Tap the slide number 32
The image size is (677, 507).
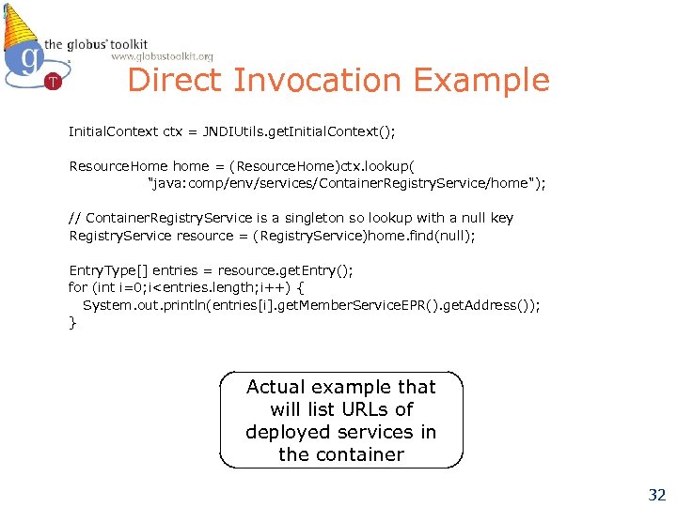[x=655, y=494]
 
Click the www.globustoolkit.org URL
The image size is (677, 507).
[x=162, y=57]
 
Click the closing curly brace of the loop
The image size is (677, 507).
[x=72, y=323]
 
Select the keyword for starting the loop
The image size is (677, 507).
[x=77, y=287]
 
